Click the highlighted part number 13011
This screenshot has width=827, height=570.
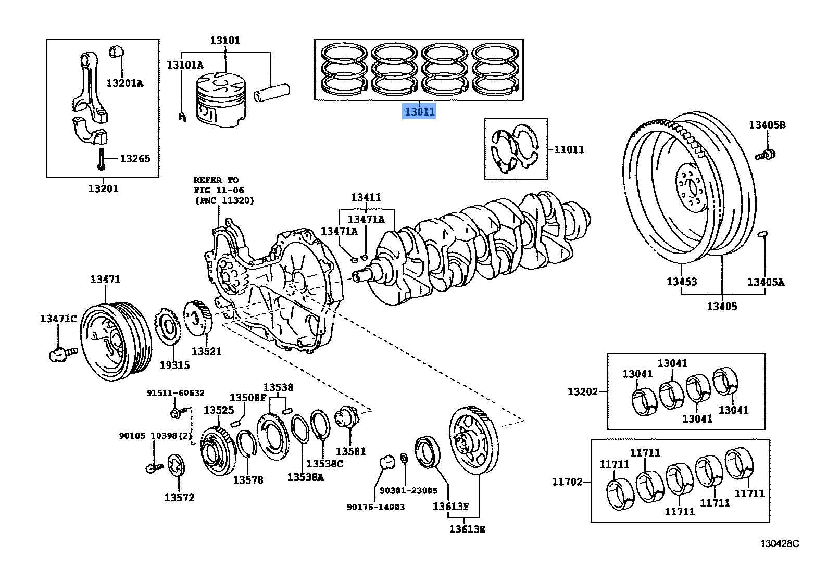(419, 111)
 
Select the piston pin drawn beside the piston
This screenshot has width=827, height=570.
(271, 93)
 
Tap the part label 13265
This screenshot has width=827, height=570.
(135, 159)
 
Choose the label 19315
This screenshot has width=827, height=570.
(174, 365)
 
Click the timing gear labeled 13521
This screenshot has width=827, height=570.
(198, 319)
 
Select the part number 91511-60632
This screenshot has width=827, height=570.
(175, 394)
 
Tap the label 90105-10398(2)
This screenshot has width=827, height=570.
(155, 436)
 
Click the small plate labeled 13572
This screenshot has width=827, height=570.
(177, 465)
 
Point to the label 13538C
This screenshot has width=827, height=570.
(324, 463)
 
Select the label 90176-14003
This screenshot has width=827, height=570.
(375, 507)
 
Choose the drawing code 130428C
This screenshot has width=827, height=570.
(779, 544)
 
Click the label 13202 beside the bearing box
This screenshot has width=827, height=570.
(583, 391)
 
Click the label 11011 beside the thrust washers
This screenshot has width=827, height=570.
(569, 150)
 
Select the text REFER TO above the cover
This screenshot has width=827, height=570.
(216, 180)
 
